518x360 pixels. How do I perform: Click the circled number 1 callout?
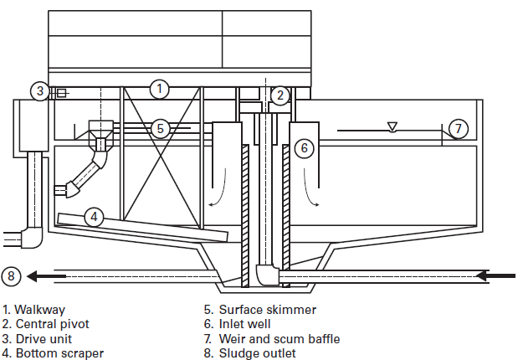160,88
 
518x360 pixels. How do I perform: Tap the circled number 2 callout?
280,95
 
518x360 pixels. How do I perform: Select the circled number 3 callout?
39,90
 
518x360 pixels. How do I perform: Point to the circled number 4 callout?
95,217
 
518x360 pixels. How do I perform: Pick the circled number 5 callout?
162,128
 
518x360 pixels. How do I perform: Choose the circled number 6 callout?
304,147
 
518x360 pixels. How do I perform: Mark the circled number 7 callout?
457,128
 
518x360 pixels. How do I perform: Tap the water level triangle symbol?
392,126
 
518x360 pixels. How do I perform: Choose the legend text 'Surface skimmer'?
263,310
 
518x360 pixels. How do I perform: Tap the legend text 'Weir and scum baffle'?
277,339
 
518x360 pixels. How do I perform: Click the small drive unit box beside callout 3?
60,92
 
